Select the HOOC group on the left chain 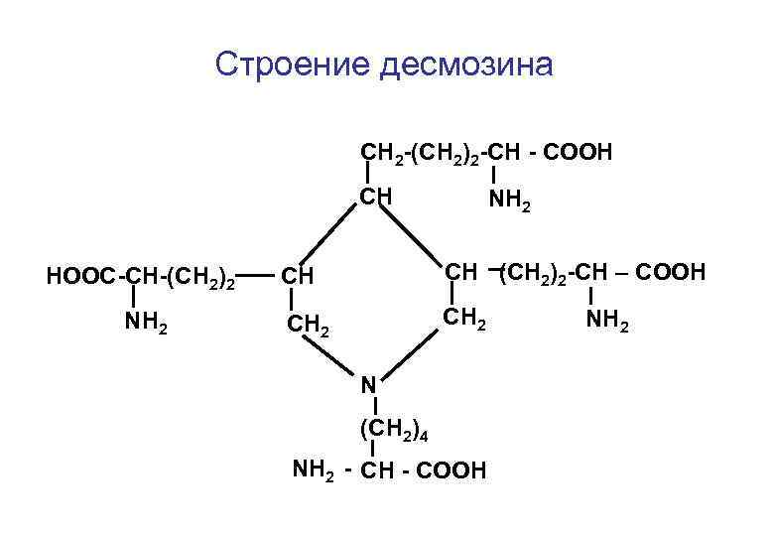click(80, 275)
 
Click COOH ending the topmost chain click(580, 153)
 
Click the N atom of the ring click(368, 384)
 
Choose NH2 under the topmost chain click(510, 204)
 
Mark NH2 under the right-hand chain click(607, 320)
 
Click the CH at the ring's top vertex click(376, 196)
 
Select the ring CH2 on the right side click(464, 320)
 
